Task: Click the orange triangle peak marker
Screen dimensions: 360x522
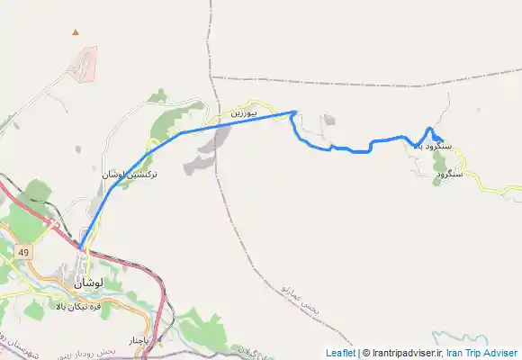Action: point(76,33)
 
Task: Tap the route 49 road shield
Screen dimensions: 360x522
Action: point(23,253)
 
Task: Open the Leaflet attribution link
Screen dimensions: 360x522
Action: point(340,353)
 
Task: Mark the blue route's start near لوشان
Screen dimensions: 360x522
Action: point(80,247)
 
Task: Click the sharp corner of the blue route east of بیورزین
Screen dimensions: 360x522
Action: point(295,112)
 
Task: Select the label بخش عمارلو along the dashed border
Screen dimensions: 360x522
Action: point(297,290)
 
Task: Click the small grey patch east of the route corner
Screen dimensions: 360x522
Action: point(328,120)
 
